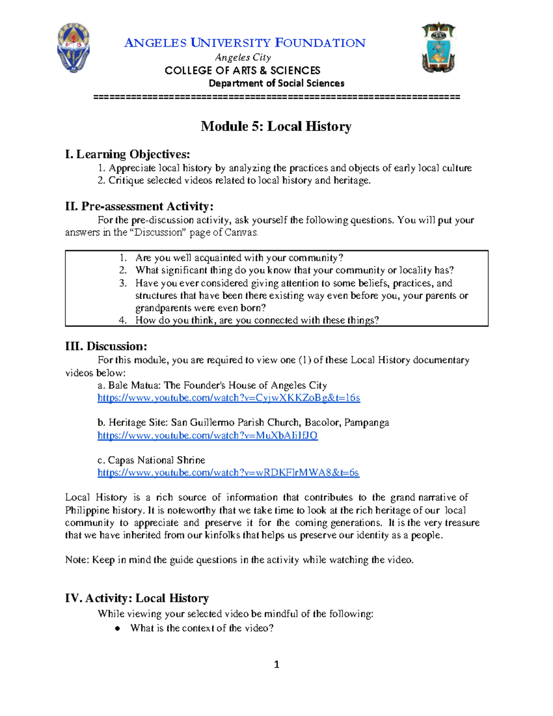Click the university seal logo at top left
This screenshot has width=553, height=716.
click(x=73, y=48)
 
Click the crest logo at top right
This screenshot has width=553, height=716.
click(x=438, y=48)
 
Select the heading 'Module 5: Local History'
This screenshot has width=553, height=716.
click(x=276, y=126)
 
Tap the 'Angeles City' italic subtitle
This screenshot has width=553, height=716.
click(x=243, y=57)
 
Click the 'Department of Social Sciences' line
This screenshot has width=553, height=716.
click(x=276, y=83)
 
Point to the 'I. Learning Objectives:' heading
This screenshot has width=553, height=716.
click(x=128, y=154)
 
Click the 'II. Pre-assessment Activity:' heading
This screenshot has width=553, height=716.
click(x=139, y=206)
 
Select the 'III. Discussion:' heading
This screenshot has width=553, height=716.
click(x=106, y=346)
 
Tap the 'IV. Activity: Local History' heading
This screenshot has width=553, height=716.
click(x=137, y=598)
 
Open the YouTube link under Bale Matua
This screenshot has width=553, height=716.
click(x=229, y=398)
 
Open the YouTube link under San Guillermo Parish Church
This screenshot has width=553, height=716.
click(x=207, y=436)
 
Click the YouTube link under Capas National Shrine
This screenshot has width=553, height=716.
click(x=228, y=473)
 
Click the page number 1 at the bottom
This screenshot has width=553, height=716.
click(x=276, y=664)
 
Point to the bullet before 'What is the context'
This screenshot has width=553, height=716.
click(x=118, y=628)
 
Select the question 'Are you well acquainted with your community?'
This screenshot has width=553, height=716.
click(x=239, y=258)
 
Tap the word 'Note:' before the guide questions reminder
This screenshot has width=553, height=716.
click(x=77, y=560)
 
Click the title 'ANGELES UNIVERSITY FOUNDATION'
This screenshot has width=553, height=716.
click(x=245, y=43)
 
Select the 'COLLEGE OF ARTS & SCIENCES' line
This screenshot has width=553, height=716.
click(x=242, y=71)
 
